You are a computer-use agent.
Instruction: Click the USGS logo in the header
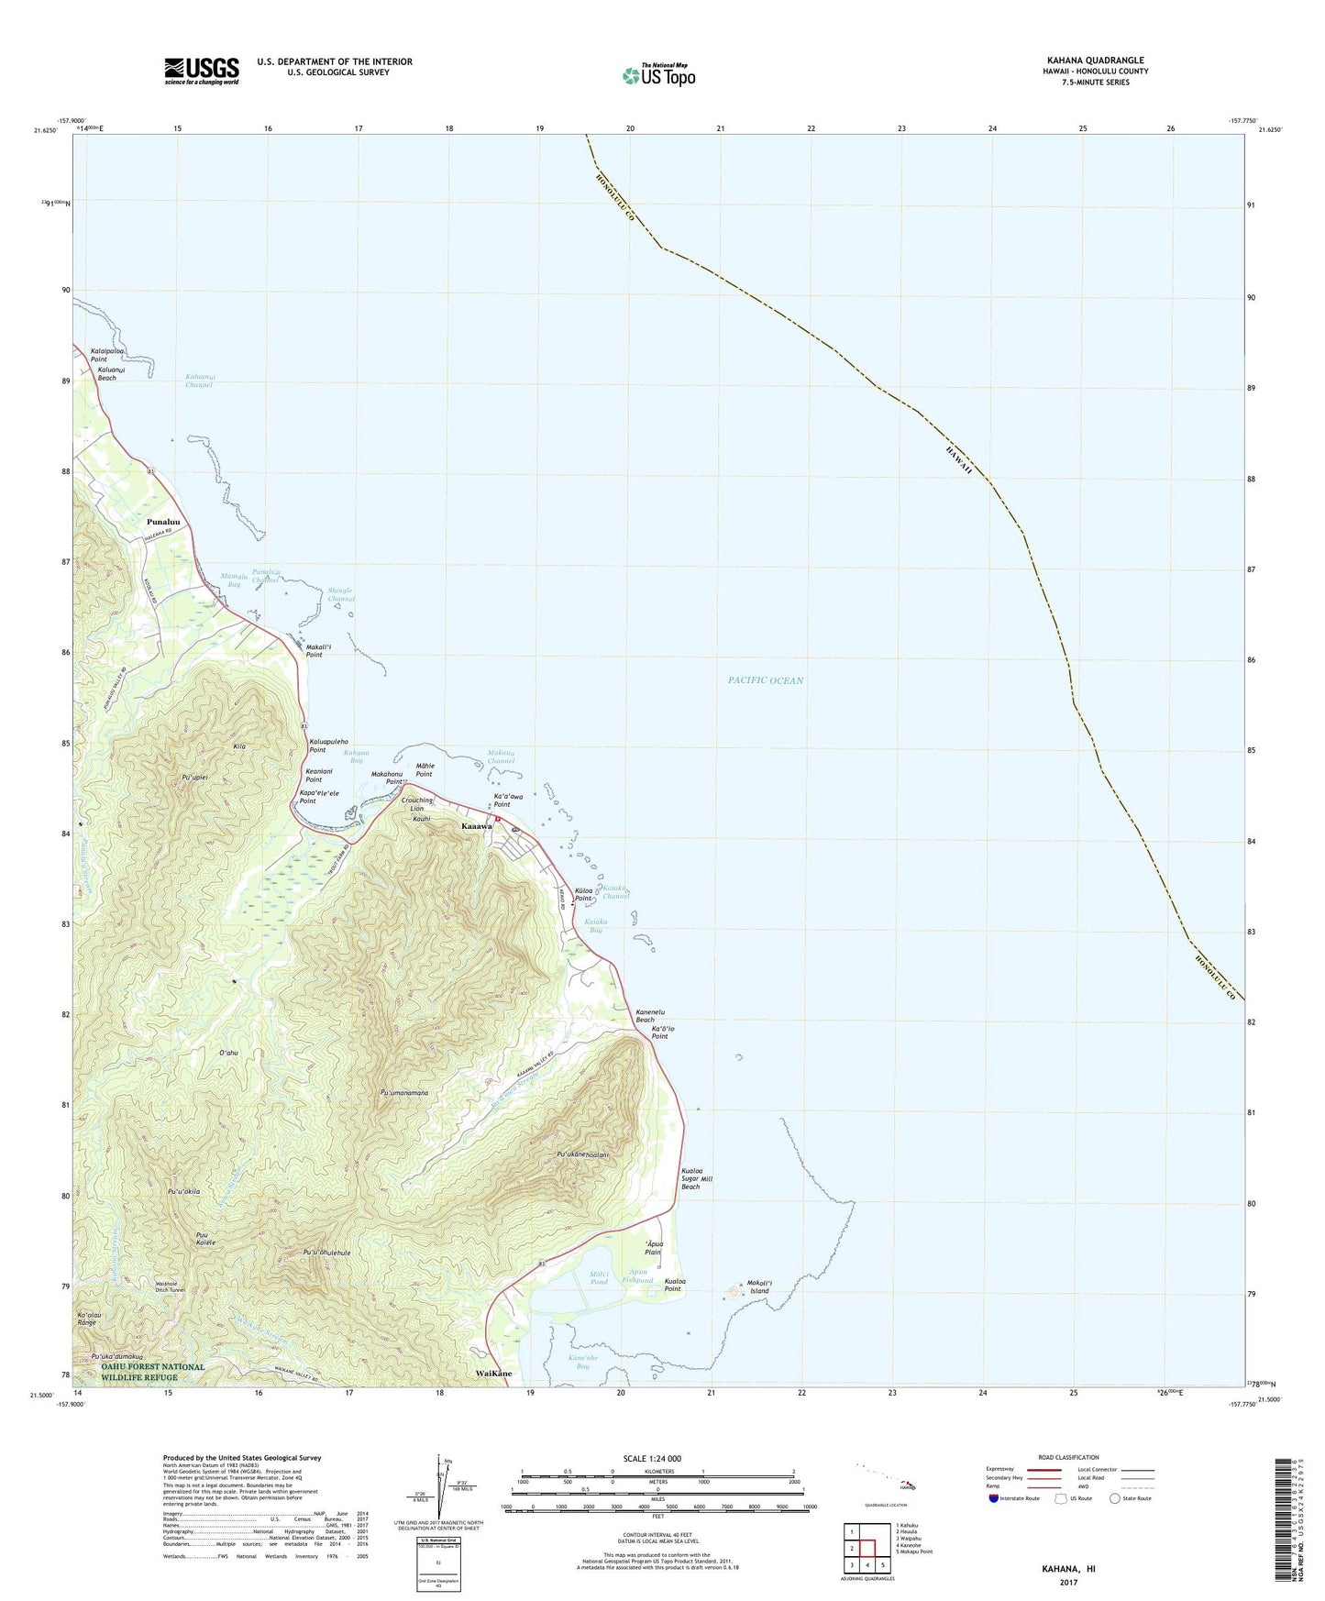[x=202, y=71]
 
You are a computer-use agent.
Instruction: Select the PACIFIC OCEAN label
[x=765, y=680]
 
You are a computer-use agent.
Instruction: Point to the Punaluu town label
[x=163, y=523]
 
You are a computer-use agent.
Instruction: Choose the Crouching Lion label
[x=417, y=804]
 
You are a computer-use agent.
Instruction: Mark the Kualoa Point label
[x=675, y=1286]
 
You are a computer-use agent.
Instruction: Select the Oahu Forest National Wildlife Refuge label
[x=153, y=1372]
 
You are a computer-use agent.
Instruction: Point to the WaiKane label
[x=494, y=1374]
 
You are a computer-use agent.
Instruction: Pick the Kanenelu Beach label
[x=646, y=1016]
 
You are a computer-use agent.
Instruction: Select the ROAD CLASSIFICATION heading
[x=1067, y=1457]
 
